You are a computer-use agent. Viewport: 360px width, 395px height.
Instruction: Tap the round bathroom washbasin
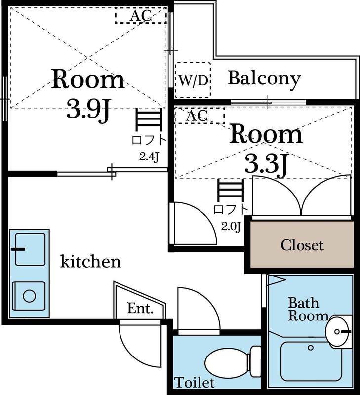tap(337, 331)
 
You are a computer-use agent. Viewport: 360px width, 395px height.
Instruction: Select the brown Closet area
tap(302, 244)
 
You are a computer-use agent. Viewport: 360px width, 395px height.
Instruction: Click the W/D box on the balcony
tap(193, 80)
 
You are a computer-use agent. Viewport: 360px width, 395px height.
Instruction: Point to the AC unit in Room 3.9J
tap(141, 15)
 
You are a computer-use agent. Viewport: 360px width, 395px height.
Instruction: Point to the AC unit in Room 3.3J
tap(200, 116)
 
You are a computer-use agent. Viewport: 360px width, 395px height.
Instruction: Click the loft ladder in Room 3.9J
tap(149, 120)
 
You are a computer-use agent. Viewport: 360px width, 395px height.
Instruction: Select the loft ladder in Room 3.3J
tap(231, 191)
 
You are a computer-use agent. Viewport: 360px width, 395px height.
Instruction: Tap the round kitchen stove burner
tap(29, 296)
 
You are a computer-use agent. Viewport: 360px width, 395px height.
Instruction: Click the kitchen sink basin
tap(31, 249)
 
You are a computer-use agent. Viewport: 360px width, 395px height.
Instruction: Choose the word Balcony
tap(264, 79)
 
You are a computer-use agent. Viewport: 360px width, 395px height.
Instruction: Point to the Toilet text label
tap(195, 382)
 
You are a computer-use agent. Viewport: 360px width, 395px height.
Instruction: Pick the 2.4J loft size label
tap(149, 157)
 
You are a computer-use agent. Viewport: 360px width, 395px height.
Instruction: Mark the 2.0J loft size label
tap(231, 227)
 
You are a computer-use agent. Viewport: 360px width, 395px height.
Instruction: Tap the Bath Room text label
tap(308, 310)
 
